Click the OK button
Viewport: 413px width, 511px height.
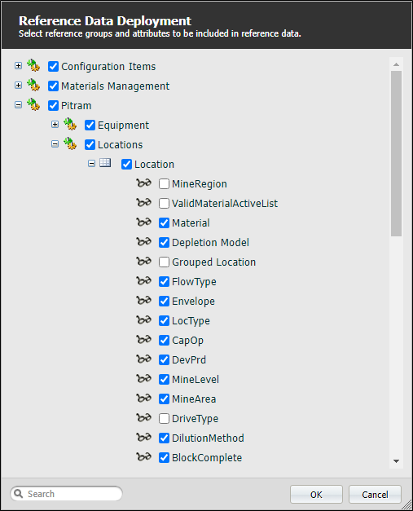[x=316, y=495]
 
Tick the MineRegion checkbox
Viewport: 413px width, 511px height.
[x=164, y=184]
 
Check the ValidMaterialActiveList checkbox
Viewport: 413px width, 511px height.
[x=164, y=204]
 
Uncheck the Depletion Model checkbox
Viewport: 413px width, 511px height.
[x=164, y=243]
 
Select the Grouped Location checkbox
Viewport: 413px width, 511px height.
[x=164, y=262]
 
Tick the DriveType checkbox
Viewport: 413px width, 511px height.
[x=164, y=418]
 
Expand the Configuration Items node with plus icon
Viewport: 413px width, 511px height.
[x=18, y=66]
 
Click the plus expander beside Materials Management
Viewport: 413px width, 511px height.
[x=18, y=86]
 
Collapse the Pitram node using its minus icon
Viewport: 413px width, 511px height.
[x=18, y=105]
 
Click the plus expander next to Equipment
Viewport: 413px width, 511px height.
[x=55, y=125]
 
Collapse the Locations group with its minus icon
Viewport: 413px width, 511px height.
[x=55, y=144]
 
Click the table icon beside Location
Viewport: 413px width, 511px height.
[x=105, y=163]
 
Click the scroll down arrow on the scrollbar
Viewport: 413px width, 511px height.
[x=396, y=461]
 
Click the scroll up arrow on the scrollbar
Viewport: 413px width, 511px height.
[x=396, y=64]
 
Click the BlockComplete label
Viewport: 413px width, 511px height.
[x=207, y=458]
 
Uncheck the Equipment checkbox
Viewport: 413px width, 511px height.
[x=90, y=126]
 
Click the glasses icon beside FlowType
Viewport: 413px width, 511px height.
[x=143, y=280]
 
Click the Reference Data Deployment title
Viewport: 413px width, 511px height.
[x=105, y=21]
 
